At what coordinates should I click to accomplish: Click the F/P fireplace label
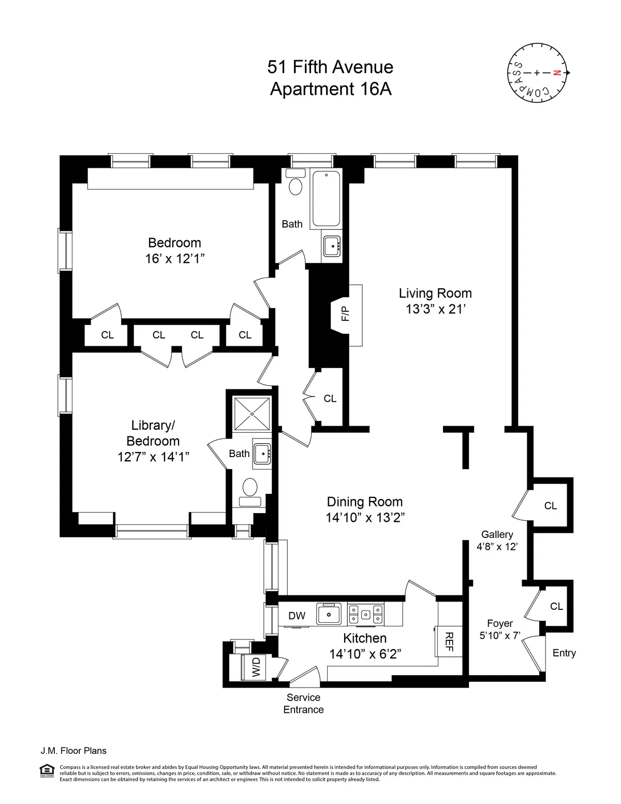345,313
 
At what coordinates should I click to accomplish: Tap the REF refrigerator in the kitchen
448,641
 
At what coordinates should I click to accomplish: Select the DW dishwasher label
297,616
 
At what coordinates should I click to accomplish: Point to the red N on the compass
557,73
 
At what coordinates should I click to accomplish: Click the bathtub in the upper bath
327,198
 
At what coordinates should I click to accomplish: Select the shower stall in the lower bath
252,414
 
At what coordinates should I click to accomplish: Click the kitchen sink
329,615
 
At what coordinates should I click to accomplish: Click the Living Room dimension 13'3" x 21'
435,309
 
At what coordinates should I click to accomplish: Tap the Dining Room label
365,502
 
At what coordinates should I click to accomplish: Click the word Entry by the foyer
564,653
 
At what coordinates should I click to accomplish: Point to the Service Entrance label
303,704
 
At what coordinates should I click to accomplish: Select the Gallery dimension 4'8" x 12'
497,546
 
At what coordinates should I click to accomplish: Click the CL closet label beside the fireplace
330,399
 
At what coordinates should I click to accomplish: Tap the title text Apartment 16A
331,89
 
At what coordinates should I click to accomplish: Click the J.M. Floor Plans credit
73,751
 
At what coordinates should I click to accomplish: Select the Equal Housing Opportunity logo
47,771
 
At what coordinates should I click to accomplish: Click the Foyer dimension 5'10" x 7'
499,635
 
